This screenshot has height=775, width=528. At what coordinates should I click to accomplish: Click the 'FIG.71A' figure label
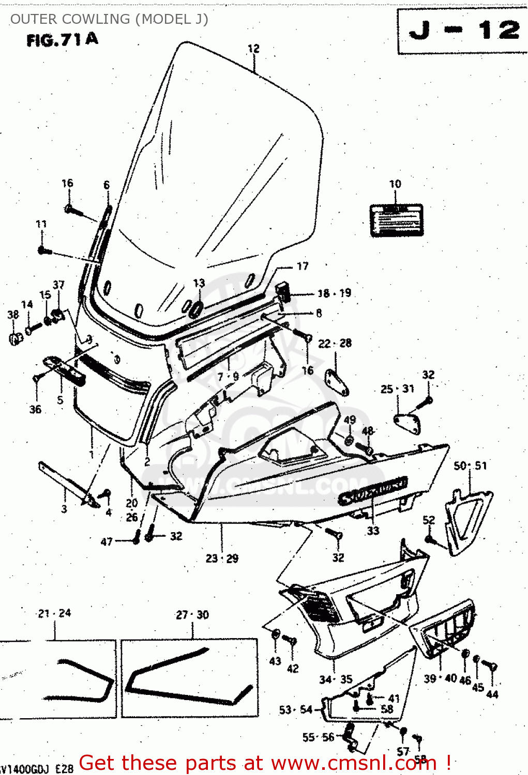coord(62,40)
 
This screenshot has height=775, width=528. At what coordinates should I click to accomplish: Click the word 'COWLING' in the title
coord(96,19)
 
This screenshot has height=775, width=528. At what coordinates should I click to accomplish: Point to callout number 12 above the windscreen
coord(253,49)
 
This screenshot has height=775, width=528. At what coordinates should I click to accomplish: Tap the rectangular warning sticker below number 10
coord(396,221)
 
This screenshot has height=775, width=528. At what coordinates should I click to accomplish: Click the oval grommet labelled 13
coord(197,308)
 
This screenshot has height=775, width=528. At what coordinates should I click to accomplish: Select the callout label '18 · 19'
coord(334,293)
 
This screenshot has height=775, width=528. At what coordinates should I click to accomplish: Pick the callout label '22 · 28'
coord(335,343)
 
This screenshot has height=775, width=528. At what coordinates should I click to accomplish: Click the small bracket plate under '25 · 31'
coord(408,422)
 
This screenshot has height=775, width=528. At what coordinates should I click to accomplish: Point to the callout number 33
coord(373,531)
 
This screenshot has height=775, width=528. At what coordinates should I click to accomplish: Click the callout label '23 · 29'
coord(222,559)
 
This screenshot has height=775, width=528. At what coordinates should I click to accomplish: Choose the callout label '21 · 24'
coord(54,613)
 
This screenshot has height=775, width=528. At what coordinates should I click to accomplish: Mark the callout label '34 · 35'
coord(336,679)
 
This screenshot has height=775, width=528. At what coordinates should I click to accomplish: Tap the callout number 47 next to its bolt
coord(107,541)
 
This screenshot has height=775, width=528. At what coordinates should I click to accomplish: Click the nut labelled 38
coord(16,338)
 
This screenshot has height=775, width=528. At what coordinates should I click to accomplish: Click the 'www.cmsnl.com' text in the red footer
coord(354,763)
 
